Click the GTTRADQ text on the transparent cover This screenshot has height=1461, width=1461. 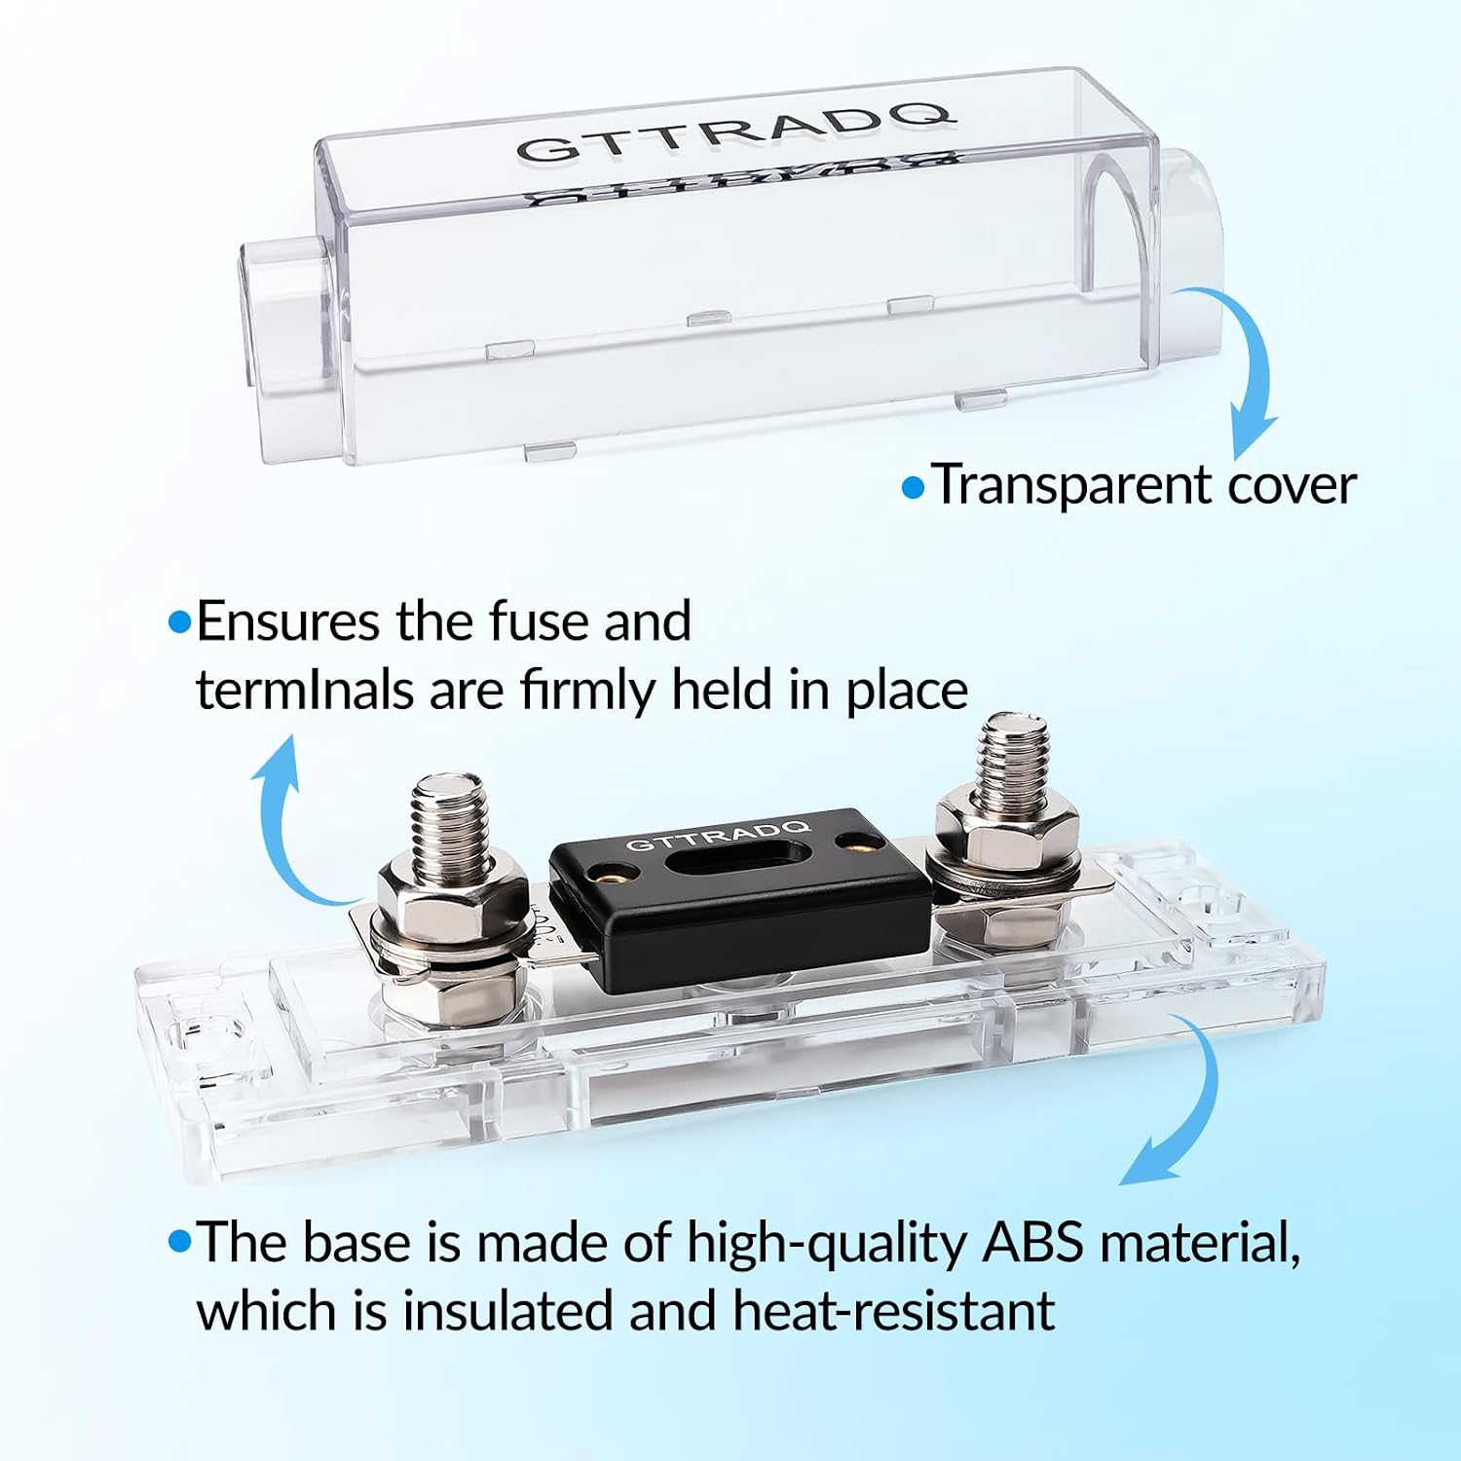click(732, 126)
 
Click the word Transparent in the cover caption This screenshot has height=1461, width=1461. click(1070, 485)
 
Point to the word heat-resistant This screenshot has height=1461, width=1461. click(893, 1310)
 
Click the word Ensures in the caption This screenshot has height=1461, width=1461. click(288, 621)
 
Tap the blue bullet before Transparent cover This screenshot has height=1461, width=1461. click(913, 487)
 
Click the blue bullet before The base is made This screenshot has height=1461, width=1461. click(179, 1242)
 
